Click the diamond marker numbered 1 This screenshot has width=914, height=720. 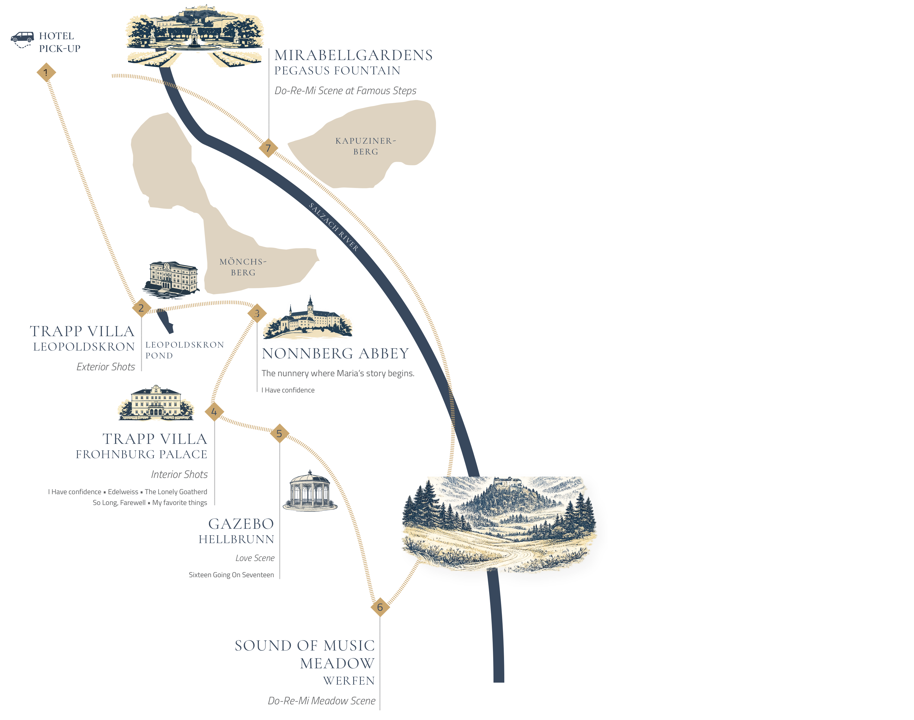click(x=46, y=72)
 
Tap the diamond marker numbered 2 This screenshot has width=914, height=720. click(x=141, y=308)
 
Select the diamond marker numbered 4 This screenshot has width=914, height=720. click(x=214, y=412)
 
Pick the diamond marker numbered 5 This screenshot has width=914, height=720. click(x=279, y=433)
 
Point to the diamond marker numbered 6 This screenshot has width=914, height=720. click(x=380, y=607)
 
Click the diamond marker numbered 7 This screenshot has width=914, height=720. click(x=268, y=148)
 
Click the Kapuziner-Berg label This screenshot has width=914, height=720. click(x=366, y=146)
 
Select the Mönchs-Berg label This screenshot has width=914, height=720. click(x=243, y=267)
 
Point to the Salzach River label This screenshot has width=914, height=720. click(x=333, y=227)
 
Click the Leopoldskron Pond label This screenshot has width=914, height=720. click(x=185, y=350)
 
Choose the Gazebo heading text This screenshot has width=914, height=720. click(x=241, y=524)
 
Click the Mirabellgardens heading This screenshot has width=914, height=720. click(x=353, y=55)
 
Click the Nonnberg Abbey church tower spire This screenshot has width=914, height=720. click(x=311, y=301)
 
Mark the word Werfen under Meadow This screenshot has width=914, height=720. click(x=349, y=681)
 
